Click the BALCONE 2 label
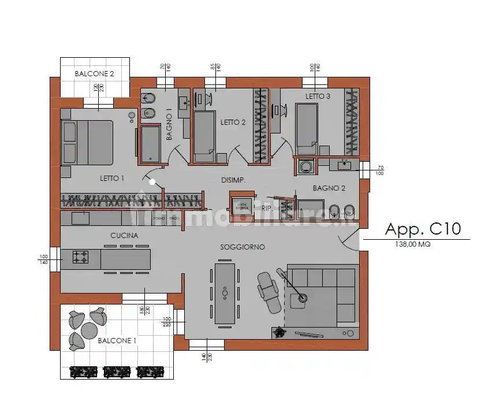pyautogui.click(x=94, y=74)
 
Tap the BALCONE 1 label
pyautogui.click(x=117, y=341)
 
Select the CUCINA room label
pyautogui.click(x=124, y=236)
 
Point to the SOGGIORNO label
pyautogui.click(x=242, y=247)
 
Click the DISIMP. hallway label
pyautogui.click(x=233, y=180)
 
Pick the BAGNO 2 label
pyautogui.click(x=329, y=188)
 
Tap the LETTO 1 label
pyautogui.click(x=112, y=179)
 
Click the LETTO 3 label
pyautogui.click(x=318, y=96)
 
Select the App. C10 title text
pyautogui.click(x=423, y=229)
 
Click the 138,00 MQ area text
pyautogui.click(x=412, y=244)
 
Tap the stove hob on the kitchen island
pyautogui.click(x=80, y=257)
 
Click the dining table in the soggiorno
pyautogui.click(x=225, y=293)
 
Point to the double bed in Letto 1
pyautogui.click(x=87, y=142)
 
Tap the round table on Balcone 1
pyautogui.click(x=89, y=329)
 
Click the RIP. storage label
pyautogui.click(x=266, y=207)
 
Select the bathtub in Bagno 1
pyautogui.click(x=151, y=143)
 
